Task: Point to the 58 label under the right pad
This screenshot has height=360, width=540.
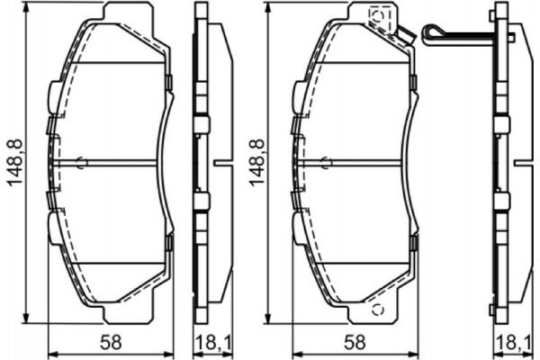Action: [356, 342]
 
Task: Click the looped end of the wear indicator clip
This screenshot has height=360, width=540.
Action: [432, 34]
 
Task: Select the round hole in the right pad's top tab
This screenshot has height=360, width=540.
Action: [377, 14]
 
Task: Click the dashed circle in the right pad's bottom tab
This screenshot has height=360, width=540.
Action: [377, 311]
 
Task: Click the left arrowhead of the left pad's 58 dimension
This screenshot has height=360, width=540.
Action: [50, 351]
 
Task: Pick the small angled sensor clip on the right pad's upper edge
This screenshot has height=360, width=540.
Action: [406, 38]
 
